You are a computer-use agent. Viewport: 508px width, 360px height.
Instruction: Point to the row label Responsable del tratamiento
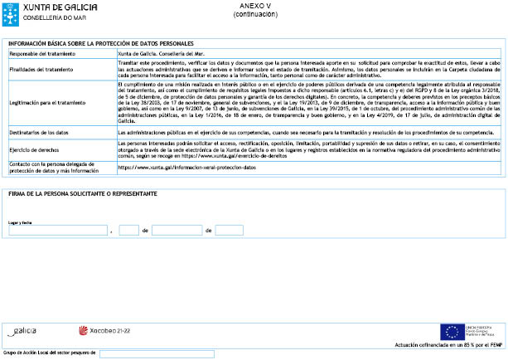[x=42, y=53]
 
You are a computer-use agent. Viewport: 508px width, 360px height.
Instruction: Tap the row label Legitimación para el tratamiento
[x=47, y=102]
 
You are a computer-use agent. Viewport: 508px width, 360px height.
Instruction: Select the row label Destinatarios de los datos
[x=41, y=132]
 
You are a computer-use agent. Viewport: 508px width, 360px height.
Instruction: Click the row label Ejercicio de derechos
[x=36, y=149]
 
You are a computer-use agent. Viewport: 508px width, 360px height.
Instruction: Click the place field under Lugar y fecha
[x=57, y=230]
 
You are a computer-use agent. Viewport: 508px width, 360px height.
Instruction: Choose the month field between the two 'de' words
[x=177, y=230]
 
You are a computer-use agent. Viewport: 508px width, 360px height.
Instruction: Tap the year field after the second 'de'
[x=229, y=230]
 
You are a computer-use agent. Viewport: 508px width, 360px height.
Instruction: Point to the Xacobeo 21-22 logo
[x=104, y=330]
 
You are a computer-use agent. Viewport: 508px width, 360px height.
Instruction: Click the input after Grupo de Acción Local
[x=157, y=353]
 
